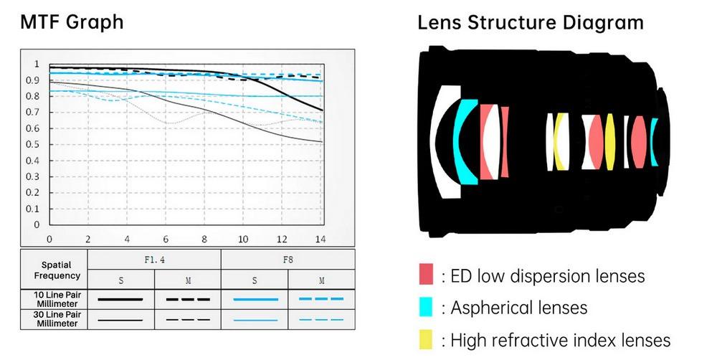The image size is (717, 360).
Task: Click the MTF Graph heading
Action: coord(72,22)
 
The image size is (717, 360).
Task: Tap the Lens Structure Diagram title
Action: coord(531,22)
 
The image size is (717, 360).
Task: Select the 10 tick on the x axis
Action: coord(243,240)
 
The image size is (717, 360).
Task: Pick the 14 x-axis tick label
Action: coord(320,240)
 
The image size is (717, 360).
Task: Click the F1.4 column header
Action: coord(155,260)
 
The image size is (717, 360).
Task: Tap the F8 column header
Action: coord(288,260)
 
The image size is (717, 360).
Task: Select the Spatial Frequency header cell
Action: coord(57,270)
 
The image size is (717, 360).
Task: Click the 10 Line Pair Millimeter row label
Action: coord(57,299)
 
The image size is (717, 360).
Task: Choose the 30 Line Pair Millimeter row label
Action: coord(57,319)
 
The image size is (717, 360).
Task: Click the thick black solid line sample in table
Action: coord(120,300)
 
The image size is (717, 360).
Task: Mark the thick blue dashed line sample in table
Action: coord(321,299)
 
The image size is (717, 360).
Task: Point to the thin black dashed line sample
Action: coord(188,320)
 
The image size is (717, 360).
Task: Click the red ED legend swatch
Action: coord(426,274)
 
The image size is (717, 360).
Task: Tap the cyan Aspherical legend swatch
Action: coord(426,306)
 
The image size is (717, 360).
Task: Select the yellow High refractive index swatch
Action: coord(426,339)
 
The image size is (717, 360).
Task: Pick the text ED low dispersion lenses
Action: coord(547,276)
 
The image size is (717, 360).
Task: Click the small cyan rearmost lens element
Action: coord(654,142)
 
